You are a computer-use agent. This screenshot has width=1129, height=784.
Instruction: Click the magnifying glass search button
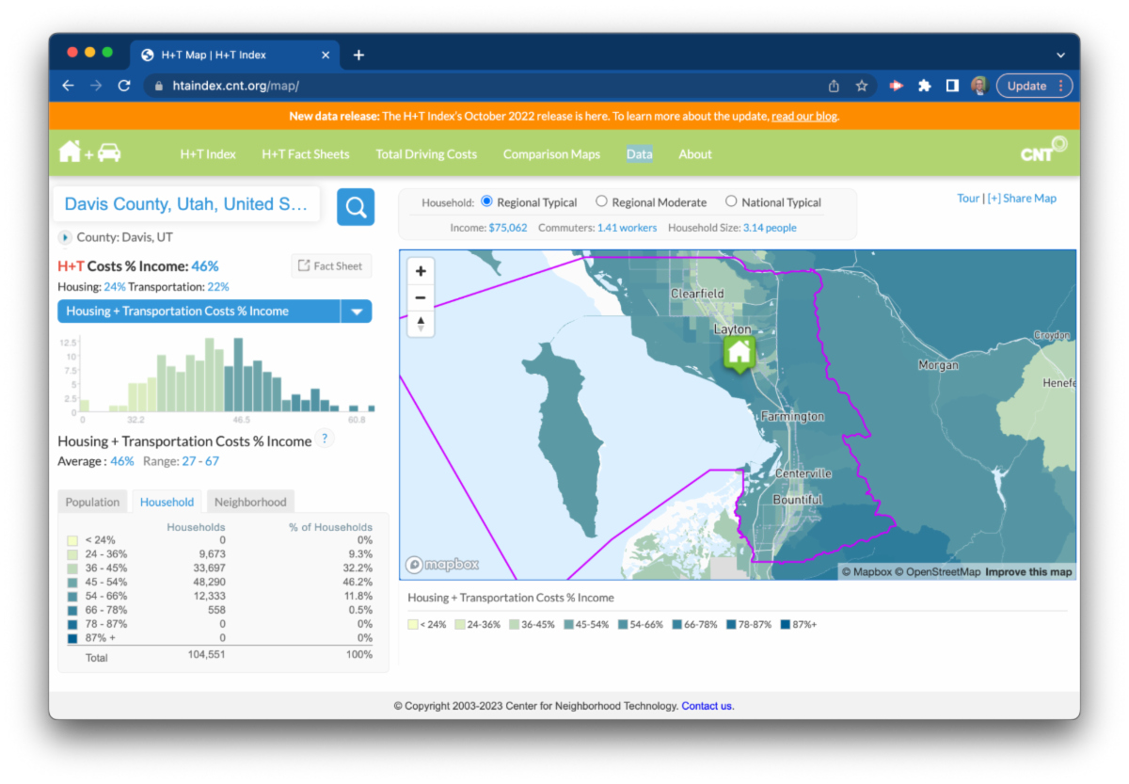click(356, 207)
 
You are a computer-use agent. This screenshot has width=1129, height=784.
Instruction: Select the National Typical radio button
click(731, 201)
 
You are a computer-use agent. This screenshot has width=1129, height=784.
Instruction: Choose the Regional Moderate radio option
click(601, 201)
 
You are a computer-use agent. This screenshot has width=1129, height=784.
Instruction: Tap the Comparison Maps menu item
click(551, 154)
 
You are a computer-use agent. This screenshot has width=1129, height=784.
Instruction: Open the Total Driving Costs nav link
click(426, 154)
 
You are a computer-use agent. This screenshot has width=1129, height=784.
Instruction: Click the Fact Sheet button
click(330, 266)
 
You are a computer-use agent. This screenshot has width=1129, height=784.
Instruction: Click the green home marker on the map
click(739, 353)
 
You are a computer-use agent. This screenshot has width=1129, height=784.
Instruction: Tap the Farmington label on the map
click(792, 416)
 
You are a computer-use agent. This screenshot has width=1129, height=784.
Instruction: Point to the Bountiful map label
click(798, 500)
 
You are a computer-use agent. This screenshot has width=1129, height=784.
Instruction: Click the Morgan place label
click(938, 365)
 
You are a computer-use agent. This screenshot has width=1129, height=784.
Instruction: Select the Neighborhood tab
click(250, 503)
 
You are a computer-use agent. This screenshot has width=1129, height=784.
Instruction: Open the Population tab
click(93, 503)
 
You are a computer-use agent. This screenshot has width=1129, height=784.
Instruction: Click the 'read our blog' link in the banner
click(804, 117)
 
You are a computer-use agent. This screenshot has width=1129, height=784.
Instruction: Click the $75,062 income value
click(507, 228)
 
